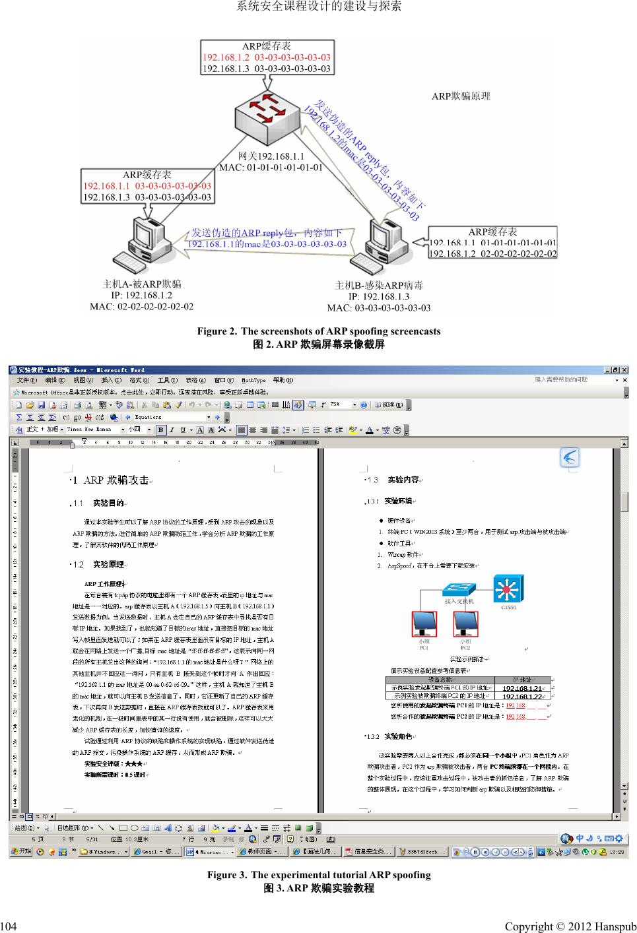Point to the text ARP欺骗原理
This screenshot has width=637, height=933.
pos(461,96)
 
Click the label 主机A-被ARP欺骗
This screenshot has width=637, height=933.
pos(142,284)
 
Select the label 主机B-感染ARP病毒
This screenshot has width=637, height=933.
pos(379,286)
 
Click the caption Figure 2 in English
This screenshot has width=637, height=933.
pos(318,331)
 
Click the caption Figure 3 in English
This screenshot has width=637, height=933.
pos(318,875)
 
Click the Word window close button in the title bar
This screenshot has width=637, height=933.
pos(624,370)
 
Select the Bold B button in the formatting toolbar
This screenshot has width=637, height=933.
pos(162,430)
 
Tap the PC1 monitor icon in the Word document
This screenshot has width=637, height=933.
pos(424,624)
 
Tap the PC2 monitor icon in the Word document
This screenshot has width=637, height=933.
pos(465,624)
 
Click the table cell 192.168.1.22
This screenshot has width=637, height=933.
pos(523,695)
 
